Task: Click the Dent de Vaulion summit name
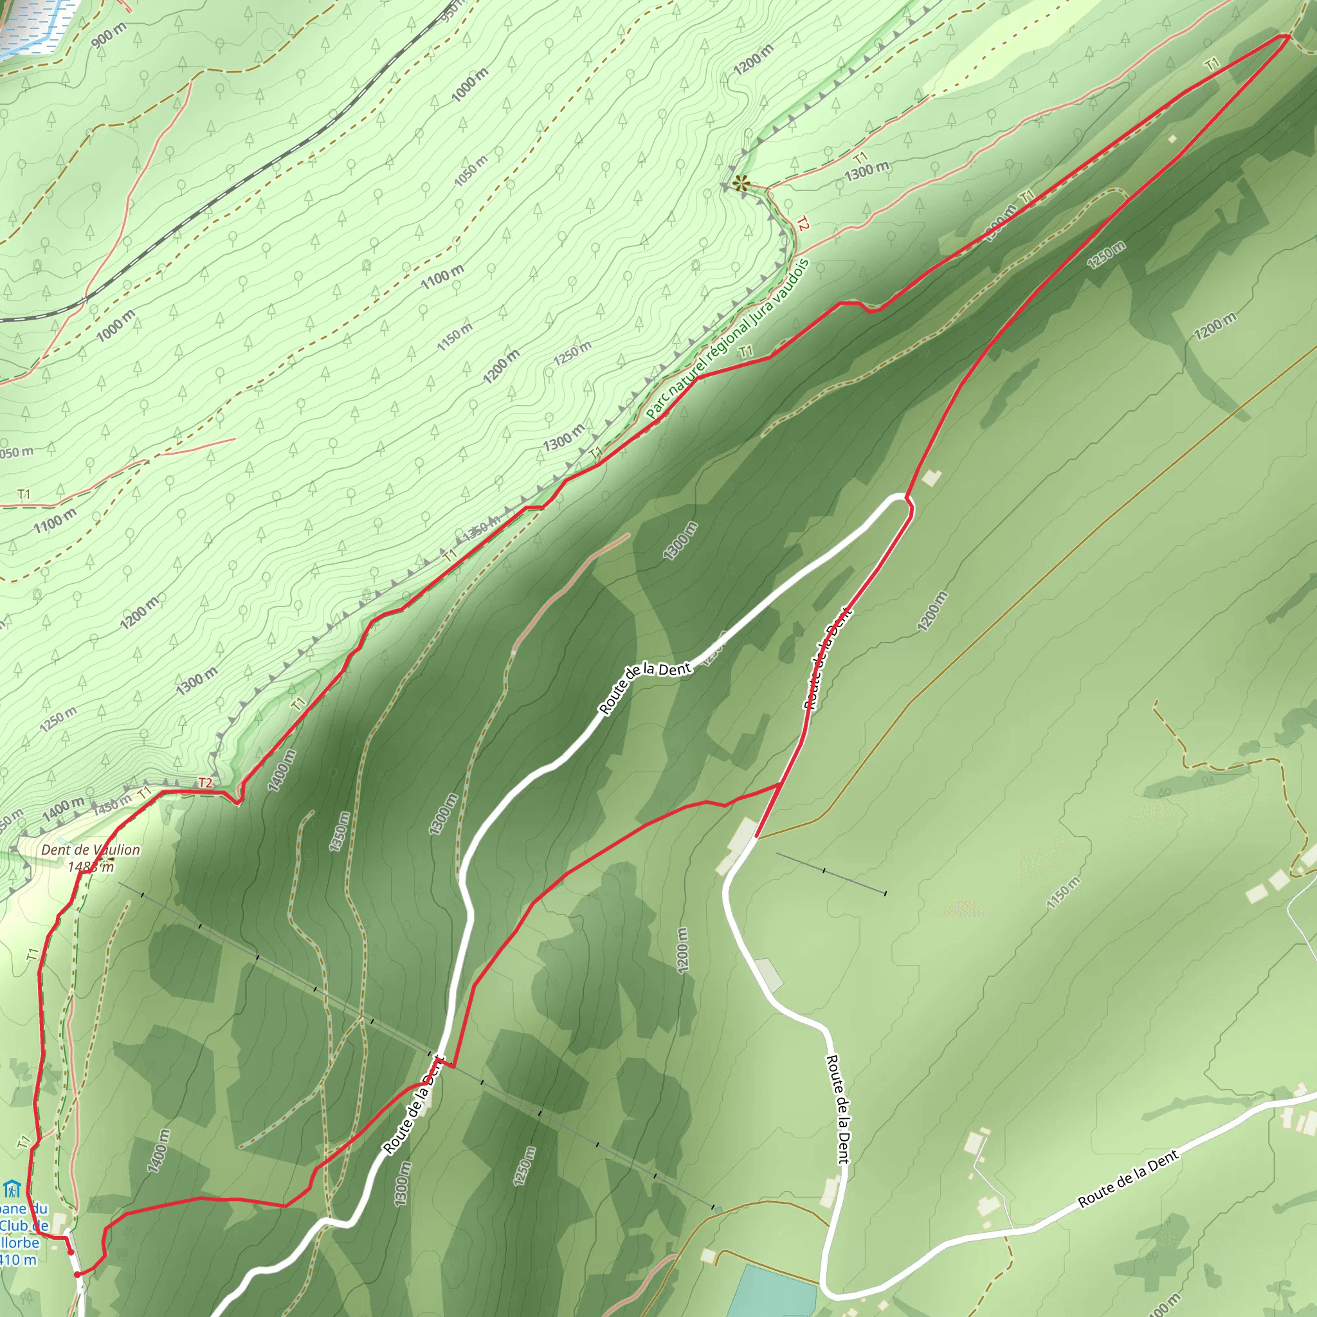[x=91, y=850]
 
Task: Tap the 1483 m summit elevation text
[x=91, y=866]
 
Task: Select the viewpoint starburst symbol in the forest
[x=740, y=182]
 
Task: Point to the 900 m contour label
[x=109, y=35]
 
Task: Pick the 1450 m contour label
[x=112, y=803]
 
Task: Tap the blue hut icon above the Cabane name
[x=11, y=1190]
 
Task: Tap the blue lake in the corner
[x=31, y=24]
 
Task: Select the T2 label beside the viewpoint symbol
[x=803, y=224]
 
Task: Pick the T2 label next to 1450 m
[x=206, y=783]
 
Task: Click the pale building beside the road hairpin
[x=931, y=478]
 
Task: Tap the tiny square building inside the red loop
[x=1172, y=139]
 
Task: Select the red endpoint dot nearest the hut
[x=70, y=1251]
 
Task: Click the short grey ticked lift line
[x=830, y=873]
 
